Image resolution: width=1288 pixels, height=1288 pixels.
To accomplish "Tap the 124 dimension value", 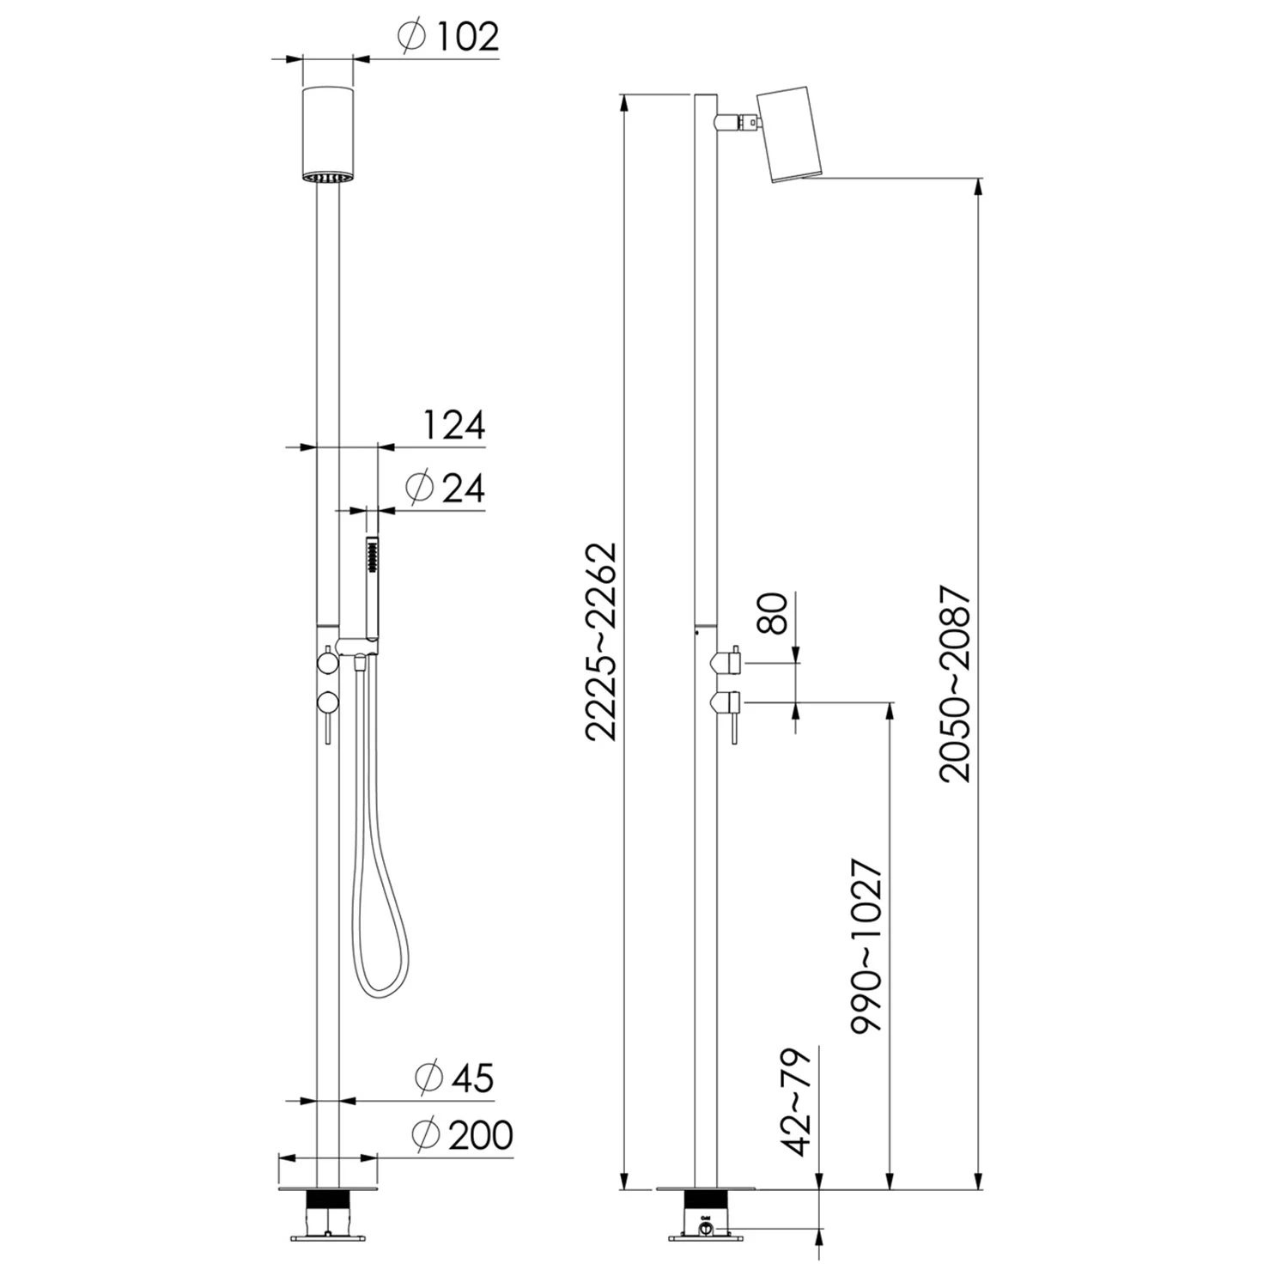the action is click(x=453, y=426).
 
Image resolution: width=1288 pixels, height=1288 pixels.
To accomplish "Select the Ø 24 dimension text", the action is click(x=445, y=488).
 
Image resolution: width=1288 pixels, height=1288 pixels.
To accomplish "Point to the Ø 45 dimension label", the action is click(x=454, y=1078).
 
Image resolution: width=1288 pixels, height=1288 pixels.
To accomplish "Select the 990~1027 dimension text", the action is click(x=866, y=945).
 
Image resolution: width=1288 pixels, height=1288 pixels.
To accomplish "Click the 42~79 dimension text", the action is click(x=794, y=1102).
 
